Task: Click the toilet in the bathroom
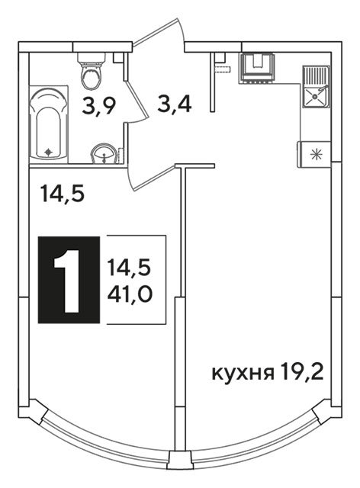pyautogui.click(x=91, y=71)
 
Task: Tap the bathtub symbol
pyautogui.click(x=48, y=124)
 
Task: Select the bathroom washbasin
pyautogui.click(x=104, y=154)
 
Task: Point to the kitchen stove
pyautogui.click(x=257, y=69)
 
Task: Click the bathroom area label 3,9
pyautogui.click(x=99, y=106)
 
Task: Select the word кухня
pyautogui.click(x=243, y=373)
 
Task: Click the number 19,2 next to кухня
pyautogui.click(x=302, y=371)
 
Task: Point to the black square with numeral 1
pyautogui.click(x=69, y=280)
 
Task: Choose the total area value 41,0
pyautogui.click(x=130, y=294)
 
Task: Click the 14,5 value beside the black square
pyautogui.click(x=129, y=268)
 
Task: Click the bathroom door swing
pyautogui.click(x=137, y=101)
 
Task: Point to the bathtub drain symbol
pyautogui.click(x=48, y=152)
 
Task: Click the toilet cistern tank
pyautogui.click(x=92, y=58)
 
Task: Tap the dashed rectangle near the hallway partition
pyautogui.click(x=223, y=70)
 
